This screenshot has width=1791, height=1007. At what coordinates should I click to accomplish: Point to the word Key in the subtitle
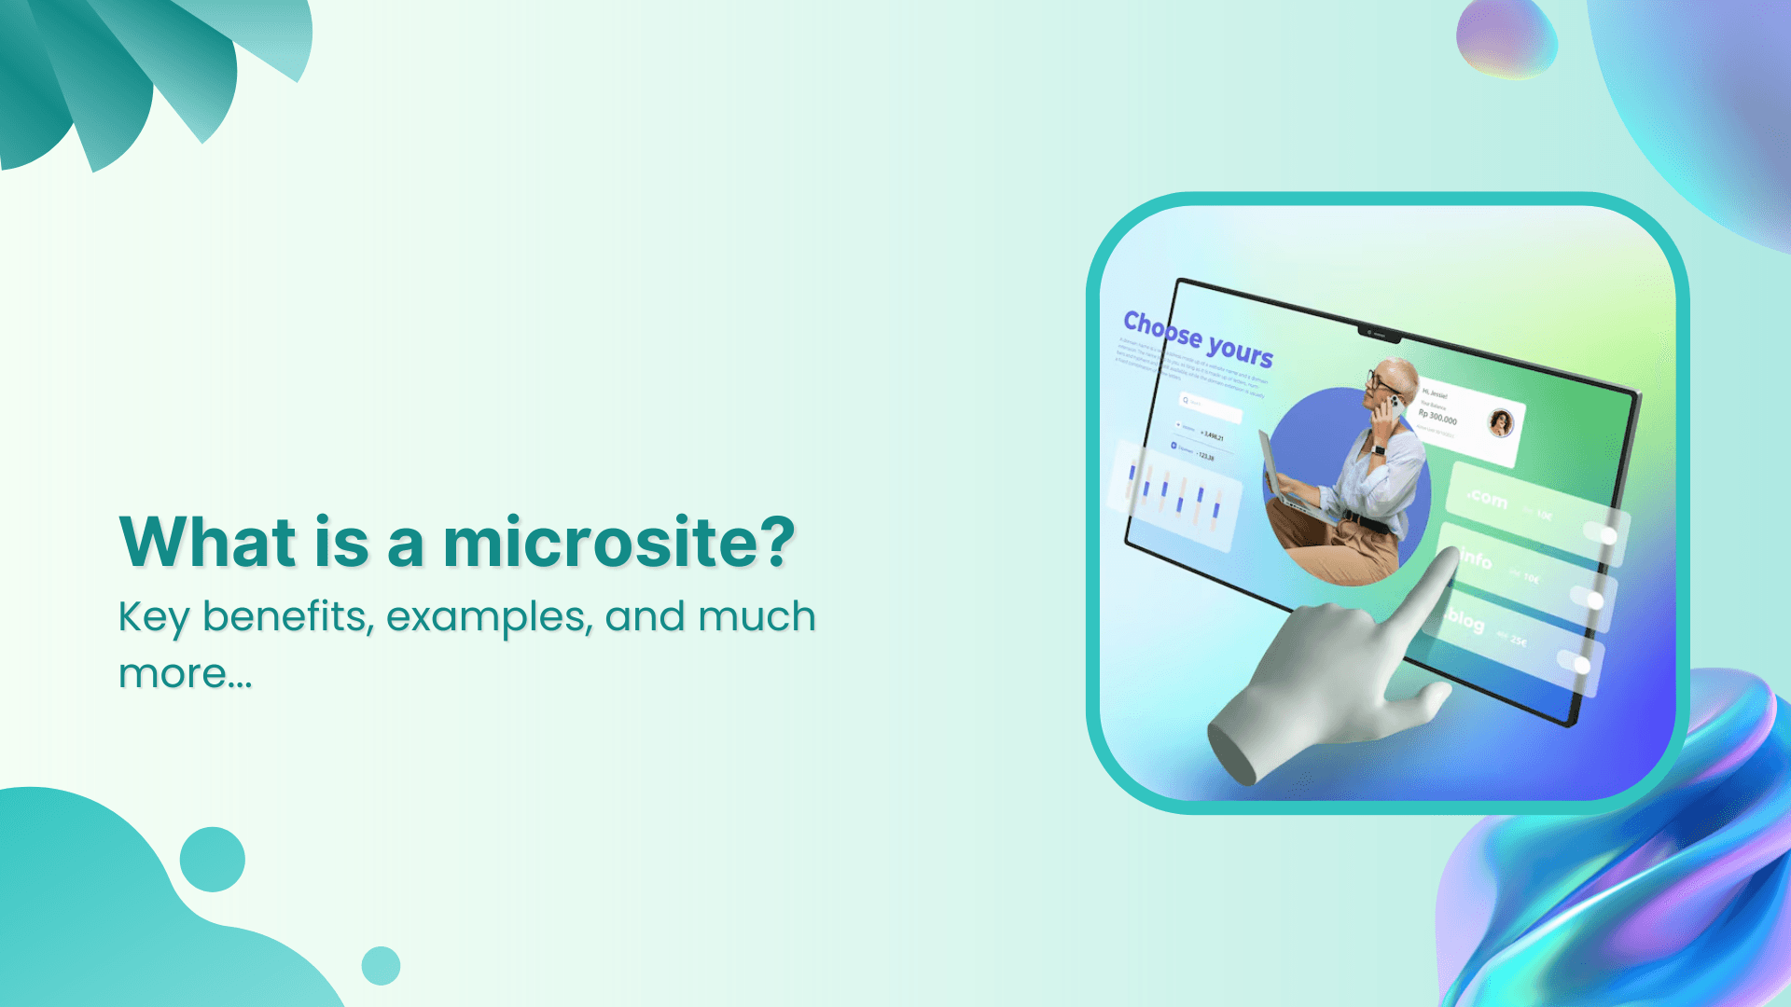tap(153, 617)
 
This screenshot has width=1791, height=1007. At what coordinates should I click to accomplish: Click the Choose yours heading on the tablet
tap(1198, 338)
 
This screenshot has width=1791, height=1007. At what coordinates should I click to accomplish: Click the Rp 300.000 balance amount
tap(1437, 416)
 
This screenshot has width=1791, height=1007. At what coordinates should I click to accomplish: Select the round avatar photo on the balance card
tap(1500, 423)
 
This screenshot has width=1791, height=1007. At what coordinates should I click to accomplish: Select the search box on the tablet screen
tap(1210, 405)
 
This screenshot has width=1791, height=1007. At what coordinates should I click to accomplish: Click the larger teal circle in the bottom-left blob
tap(212, 859)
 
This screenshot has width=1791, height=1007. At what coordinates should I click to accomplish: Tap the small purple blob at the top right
tap(1506, 38)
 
